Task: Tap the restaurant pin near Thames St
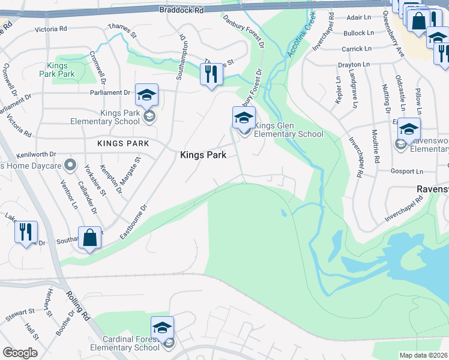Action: point(211,75)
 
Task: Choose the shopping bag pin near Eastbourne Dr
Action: point(89,238)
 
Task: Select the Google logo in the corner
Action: point(20,353)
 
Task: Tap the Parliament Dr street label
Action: point(110,92)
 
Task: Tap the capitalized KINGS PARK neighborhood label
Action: point(123,143)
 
